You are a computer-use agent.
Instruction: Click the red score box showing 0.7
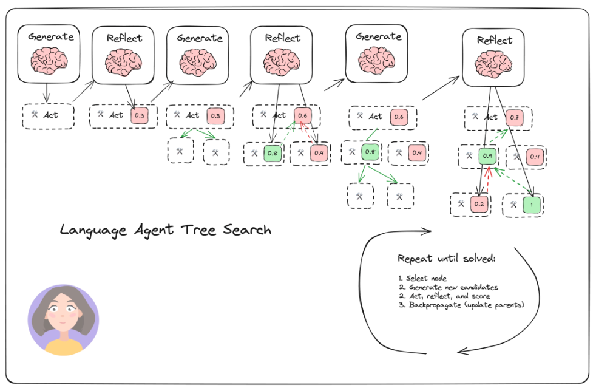point(514,118)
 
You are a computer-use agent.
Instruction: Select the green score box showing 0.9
point(487,156)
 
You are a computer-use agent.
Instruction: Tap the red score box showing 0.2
point(479,204)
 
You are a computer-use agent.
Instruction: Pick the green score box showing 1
point(532,205)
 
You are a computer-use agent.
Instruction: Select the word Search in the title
point(247,229)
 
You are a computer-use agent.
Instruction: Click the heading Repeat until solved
point(447,259)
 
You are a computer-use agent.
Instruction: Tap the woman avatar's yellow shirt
point(64,347)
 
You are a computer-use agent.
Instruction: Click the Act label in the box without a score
point(50,115)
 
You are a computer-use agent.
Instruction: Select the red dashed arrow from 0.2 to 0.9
point(489,180)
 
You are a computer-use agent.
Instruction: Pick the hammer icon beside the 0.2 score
point(461,204)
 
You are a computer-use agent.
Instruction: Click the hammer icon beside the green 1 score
point(513,205)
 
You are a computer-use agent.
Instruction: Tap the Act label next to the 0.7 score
point(491,117)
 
